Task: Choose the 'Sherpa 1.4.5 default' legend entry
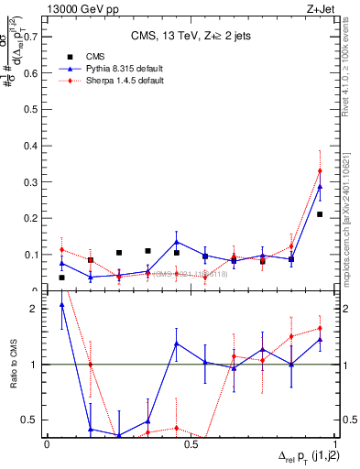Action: pos(105,81)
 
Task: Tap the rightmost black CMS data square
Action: pos(320,214)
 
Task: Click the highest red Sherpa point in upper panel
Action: pos(320,170)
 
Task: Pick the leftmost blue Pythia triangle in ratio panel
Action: pos(61,305)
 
